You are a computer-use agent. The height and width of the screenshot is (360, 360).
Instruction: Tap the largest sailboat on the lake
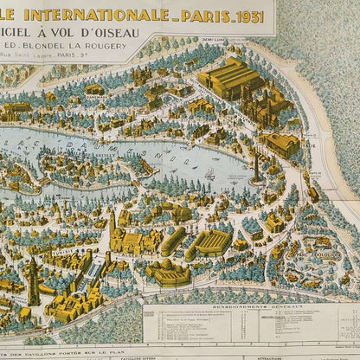click(209, 174)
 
